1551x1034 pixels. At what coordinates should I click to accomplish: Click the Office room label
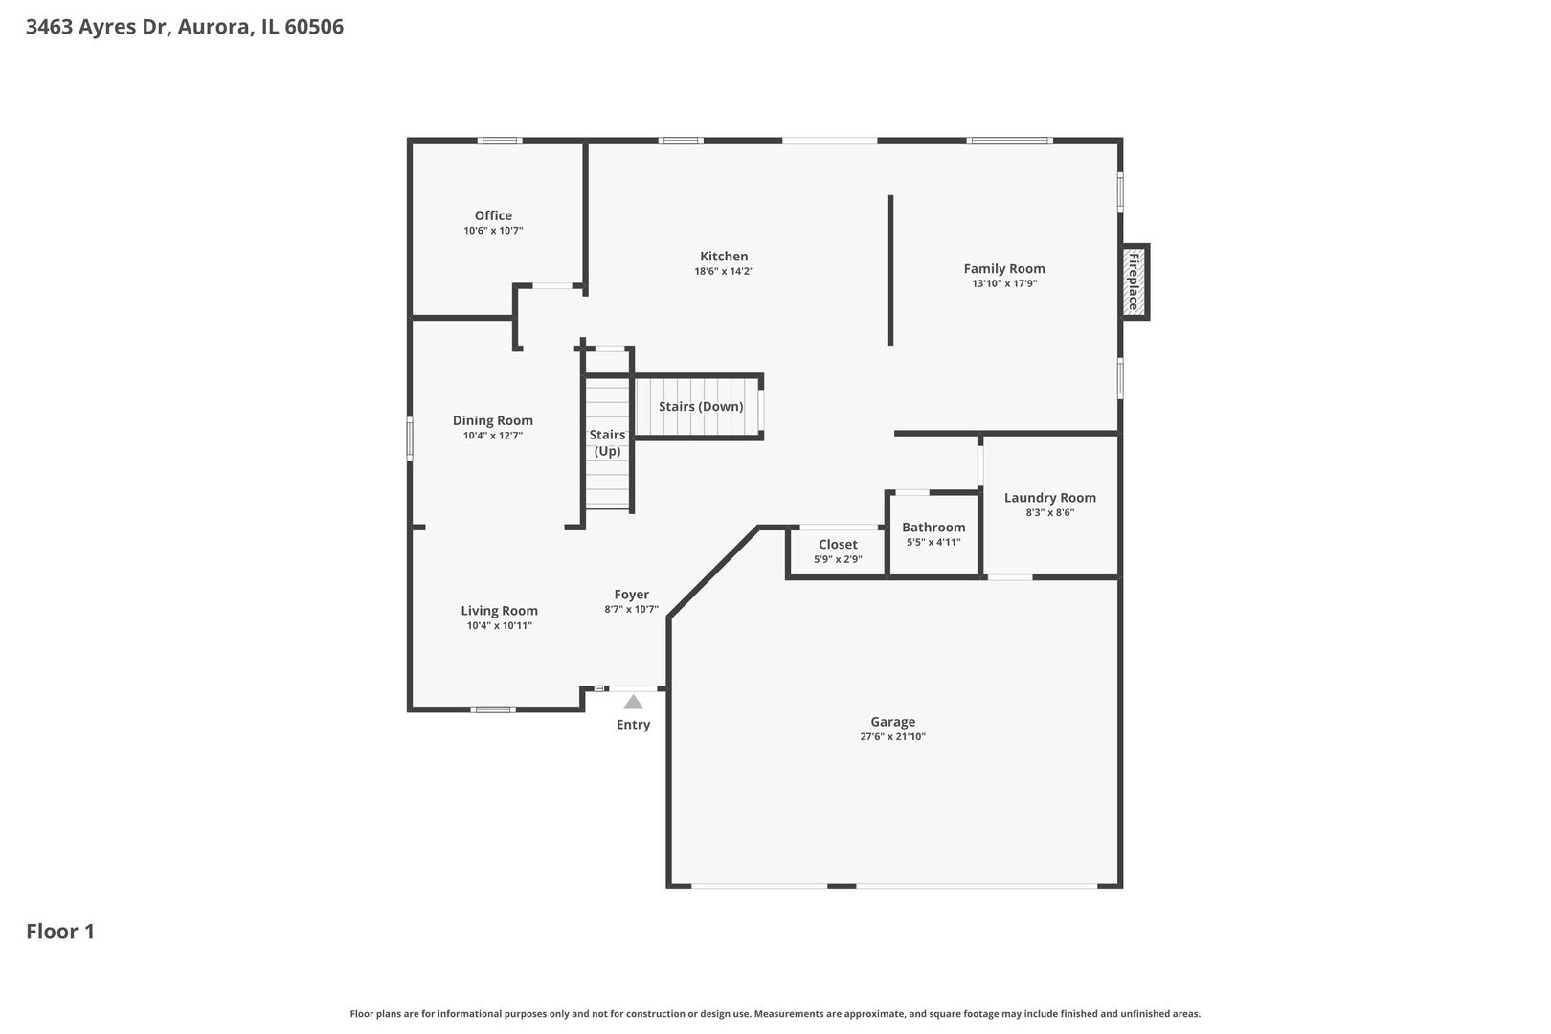493,215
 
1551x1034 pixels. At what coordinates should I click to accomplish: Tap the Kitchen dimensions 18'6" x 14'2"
724,272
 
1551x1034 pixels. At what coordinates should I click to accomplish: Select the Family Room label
1004,269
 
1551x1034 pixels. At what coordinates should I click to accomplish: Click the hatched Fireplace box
1135,281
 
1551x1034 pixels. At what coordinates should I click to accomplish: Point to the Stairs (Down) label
701,407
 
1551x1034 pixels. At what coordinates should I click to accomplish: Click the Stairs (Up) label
607,442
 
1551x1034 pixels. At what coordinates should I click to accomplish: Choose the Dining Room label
492,420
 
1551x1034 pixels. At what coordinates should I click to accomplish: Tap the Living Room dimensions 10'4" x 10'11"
499,626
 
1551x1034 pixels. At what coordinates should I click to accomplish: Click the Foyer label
632,595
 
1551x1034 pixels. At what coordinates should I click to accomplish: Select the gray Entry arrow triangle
633,703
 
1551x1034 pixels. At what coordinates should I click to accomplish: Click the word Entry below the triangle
633,725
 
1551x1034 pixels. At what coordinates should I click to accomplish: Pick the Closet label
838,545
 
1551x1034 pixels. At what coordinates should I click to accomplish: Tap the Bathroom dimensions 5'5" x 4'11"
933,542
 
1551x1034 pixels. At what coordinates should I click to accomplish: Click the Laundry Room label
1049,498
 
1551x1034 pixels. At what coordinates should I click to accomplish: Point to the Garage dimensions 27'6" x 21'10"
892,737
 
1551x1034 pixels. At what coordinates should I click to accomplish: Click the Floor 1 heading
60,932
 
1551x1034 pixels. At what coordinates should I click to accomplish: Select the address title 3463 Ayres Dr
98,27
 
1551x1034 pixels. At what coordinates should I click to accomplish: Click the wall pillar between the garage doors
842,887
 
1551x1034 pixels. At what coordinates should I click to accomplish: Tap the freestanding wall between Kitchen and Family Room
890,270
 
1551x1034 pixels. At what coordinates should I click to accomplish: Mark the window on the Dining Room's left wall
410,438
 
